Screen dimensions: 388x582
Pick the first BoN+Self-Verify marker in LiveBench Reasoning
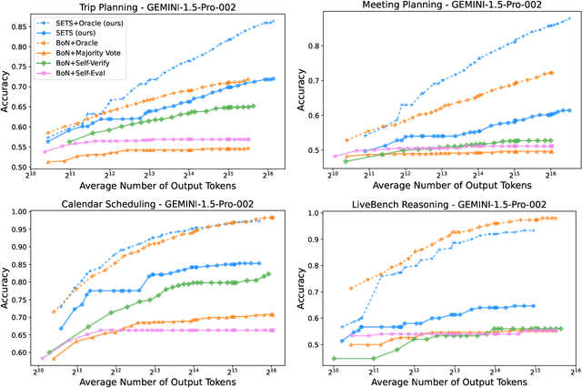click(334, 359)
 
